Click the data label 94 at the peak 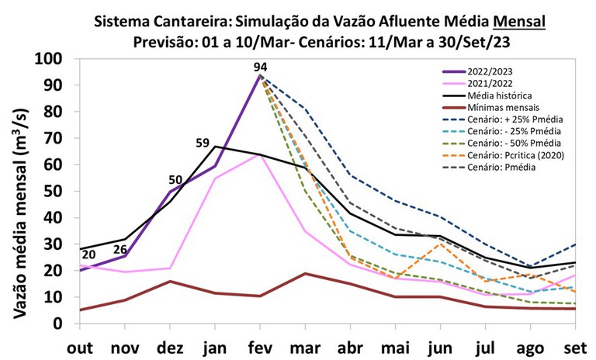[x=260, y=67]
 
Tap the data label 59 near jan [x=203, y=143]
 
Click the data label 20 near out [x=88, y=254]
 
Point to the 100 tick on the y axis [x=54, y=59]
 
